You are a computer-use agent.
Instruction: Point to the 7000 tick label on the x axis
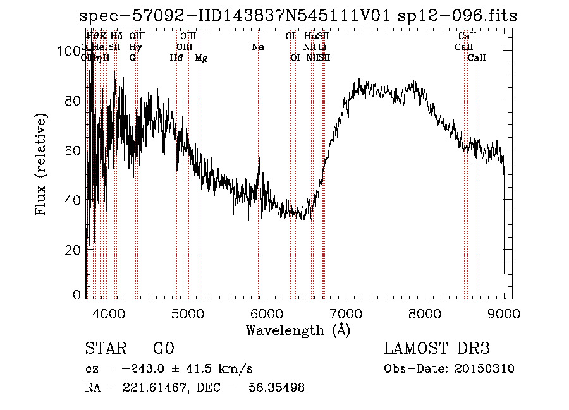[x=346, y=312]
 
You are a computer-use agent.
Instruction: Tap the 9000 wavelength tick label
[x=503, y=312]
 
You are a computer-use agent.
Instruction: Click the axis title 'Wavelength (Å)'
[x=298, y=330]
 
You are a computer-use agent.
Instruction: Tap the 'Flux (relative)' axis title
[x=42, y=166]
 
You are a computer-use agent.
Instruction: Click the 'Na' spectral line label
[x=257, y=47]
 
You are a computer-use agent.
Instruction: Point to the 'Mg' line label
[x=201, y=58]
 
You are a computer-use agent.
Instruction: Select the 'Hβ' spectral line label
[x=176, y=58]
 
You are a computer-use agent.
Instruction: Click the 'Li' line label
[x=322, y=47]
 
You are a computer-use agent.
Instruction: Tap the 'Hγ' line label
[x=135, y=47]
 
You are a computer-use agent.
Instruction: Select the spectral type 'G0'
[x=163, y=349]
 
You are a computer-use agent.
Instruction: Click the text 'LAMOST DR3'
[x=437, y=349]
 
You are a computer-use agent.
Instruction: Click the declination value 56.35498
[x=278, y=388]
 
